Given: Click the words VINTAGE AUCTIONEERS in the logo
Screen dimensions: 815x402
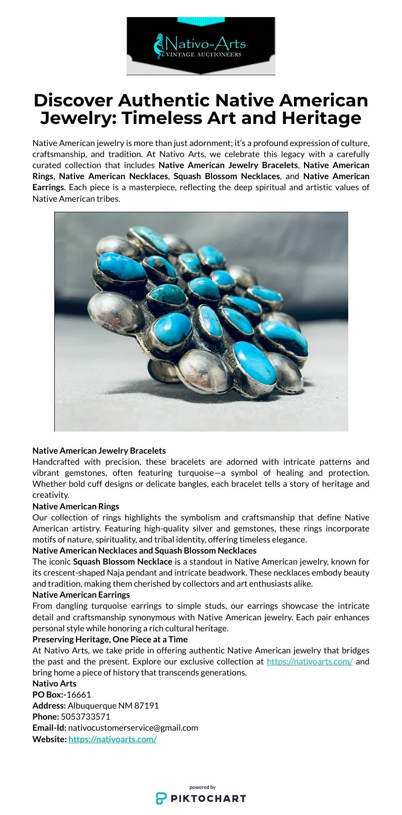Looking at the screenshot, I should pyautogui.click(x=204, y=54).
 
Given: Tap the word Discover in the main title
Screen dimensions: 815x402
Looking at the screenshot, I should pyautogui.click(x=73, y=100).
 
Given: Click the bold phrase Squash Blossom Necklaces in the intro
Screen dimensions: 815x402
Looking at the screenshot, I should pyautogui.click(x=227, y=176).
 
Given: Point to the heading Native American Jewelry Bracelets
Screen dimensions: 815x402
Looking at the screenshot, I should pyautogui.click(x=99, y=451).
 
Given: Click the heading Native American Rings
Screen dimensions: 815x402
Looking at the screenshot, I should pyautogui.click(x=75, y=506).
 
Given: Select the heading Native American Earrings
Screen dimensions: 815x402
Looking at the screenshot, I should pyautogui.click(x=81, y=595).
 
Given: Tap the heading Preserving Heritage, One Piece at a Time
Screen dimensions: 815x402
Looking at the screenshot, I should pyautogui.click(x=110, y=639).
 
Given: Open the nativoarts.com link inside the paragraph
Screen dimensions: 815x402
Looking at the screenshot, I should pyautogui.click(x=310, y=661).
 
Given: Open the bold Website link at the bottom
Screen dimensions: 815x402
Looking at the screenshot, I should pyautogui.click(x=113, y=739).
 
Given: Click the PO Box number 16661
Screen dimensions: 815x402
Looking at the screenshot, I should pyautogui.click(x=79, y=695).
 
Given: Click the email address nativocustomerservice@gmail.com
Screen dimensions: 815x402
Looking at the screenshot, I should pyautogui.click(x=133, y=728).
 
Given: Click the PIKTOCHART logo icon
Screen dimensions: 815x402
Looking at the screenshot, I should pyautogui.click(x=161, y=798).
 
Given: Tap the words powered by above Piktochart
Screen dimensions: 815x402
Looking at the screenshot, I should pyautogui.click(x=203, y=787).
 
